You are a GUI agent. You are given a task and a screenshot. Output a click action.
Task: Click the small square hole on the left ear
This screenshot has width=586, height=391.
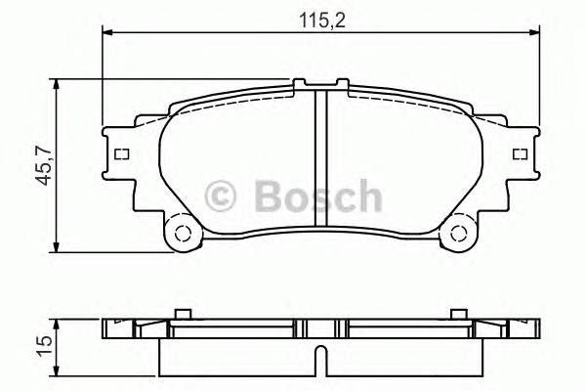(122, 154)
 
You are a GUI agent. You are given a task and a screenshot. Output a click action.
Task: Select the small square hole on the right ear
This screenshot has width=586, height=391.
(520, 154)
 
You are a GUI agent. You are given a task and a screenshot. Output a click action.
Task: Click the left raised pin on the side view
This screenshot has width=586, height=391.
(181, 313)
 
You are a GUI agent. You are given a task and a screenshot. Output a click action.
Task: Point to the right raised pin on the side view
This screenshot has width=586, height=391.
(456, 313)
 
